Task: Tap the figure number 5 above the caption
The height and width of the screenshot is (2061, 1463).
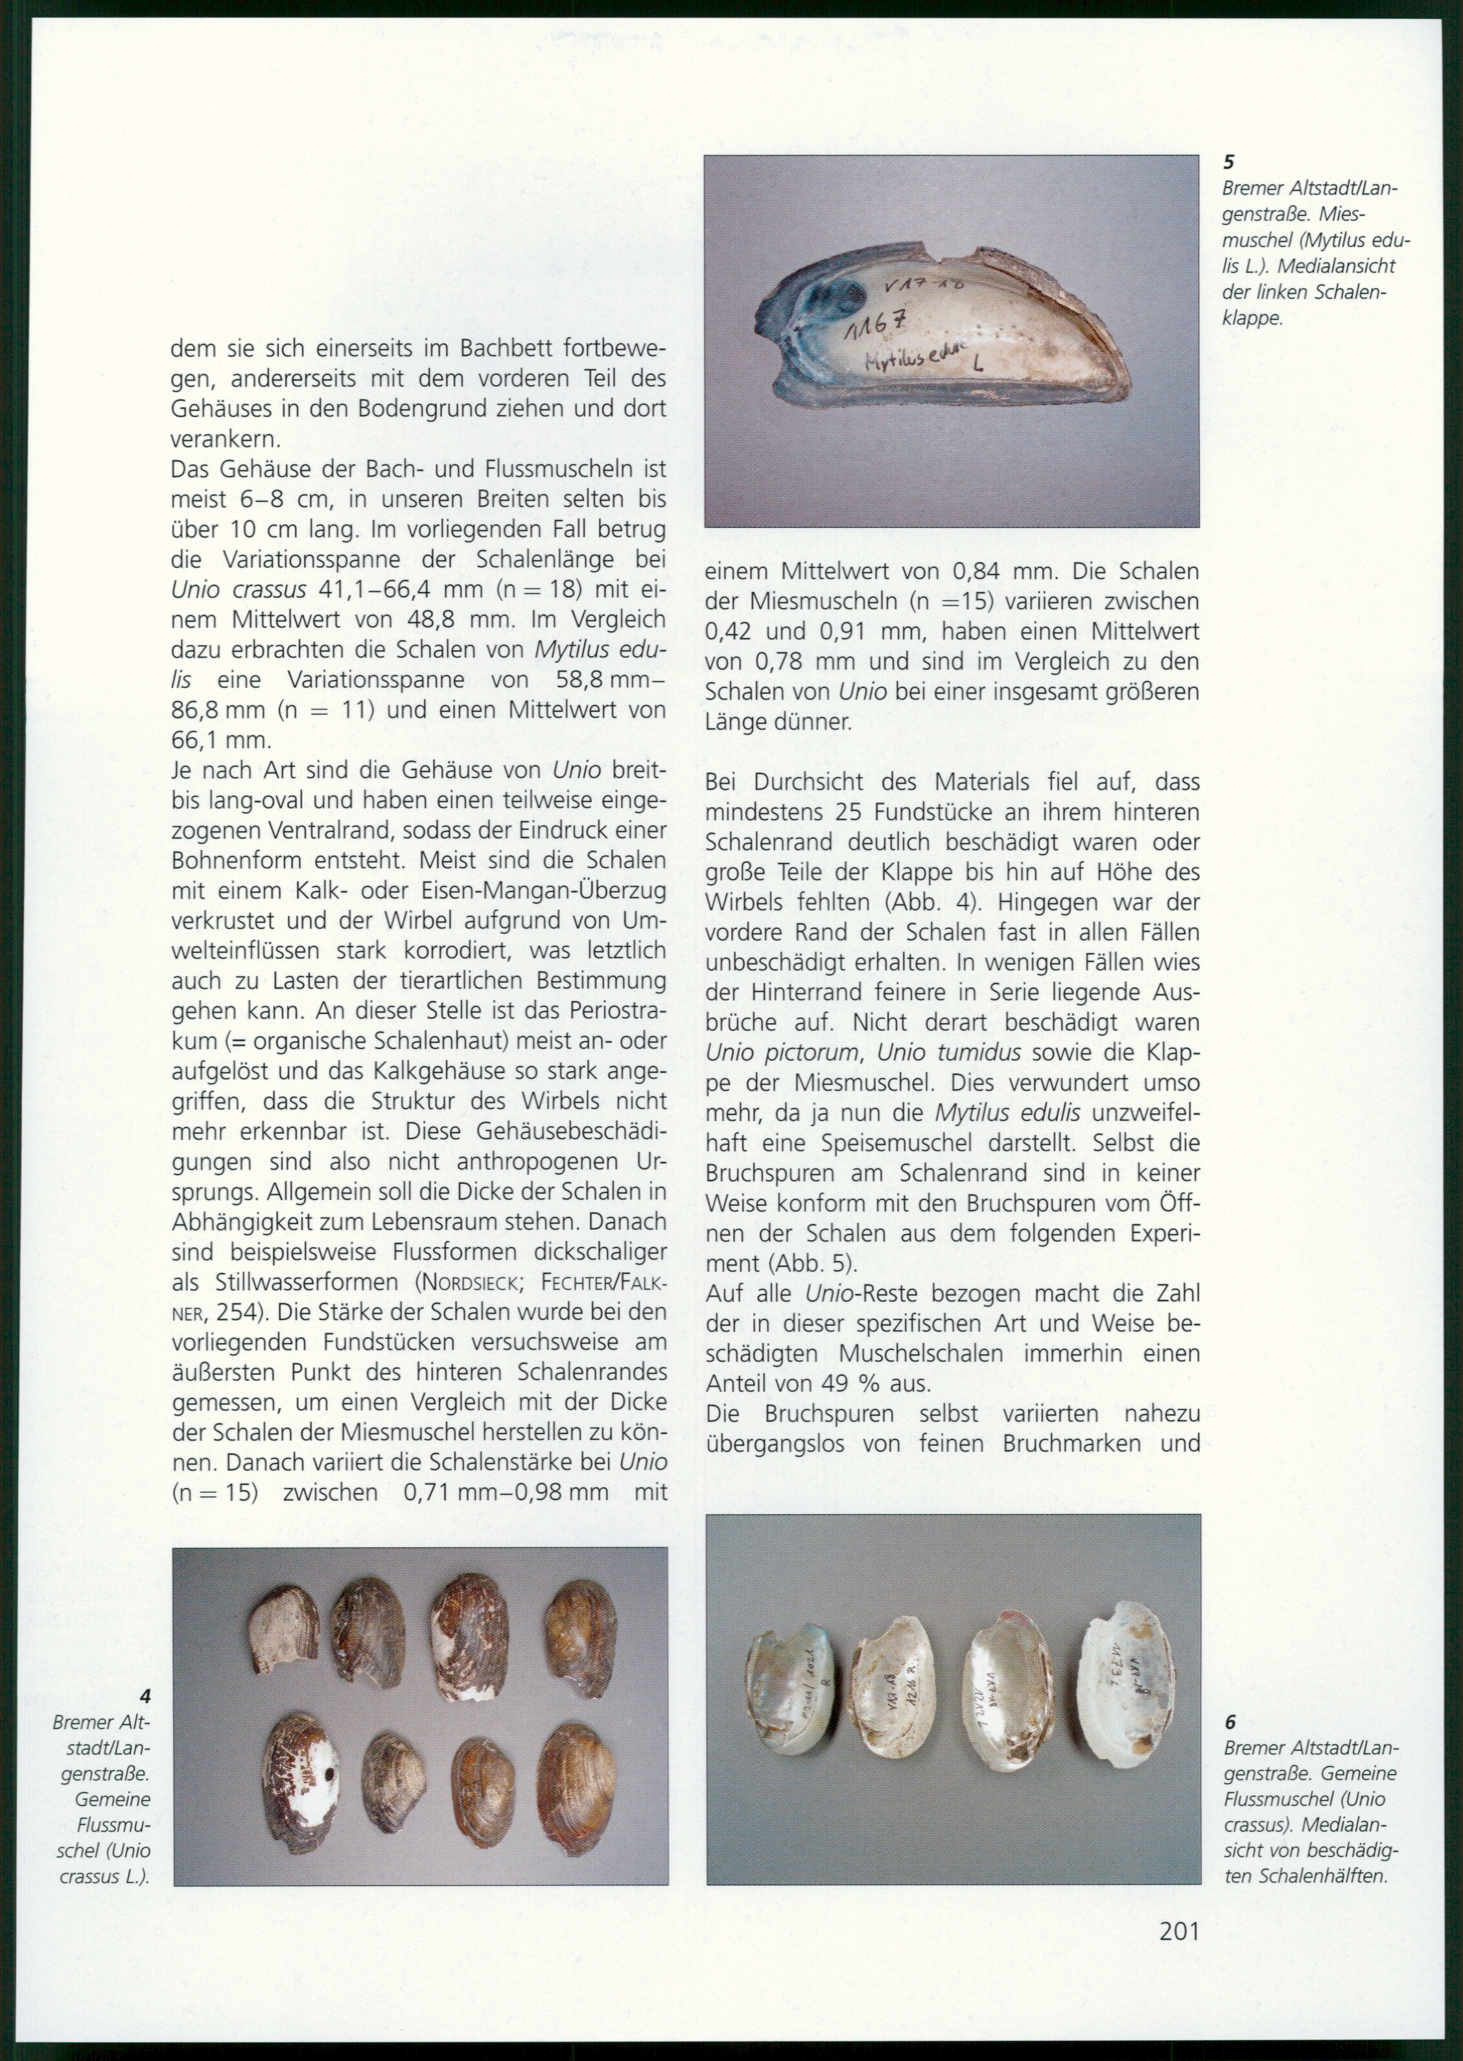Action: pyautogui.click(x=1229, y=162)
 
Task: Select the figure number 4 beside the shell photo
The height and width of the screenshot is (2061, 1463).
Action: pyautogui.click(x=145, y=1696)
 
